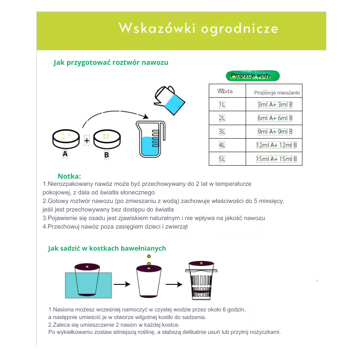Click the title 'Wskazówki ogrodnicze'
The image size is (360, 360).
(x=198, y=28)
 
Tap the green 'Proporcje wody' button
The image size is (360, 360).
(x=252, y=76)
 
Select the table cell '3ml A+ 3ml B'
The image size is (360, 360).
(x=275, y=105)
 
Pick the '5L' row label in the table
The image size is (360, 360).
(x=222, y=159)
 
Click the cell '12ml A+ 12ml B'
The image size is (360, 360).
(x=276, y=145)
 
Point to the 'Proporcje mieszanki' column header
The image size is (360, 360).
(x=277, y=92)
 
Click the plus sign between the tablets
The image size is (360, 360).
(x=87, y=140)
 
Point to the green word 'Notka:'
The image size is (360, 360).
(x=69, y=176)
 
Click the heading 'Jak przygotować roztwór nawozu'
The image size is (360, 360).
(x=111, y=63)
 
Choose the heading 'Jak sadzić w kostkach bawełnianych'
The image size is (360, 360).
(x=107, y=248)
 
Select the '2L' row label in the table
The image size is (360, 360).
(x=222, y=118)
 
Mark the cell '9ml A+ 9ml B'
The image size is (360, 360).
(x=275, y=132)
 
